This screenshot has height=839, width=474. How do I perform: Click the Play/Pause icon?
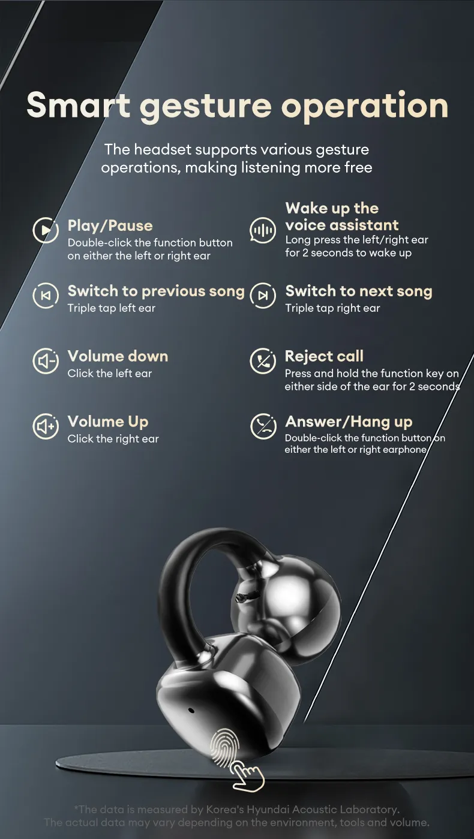tap(46, 230)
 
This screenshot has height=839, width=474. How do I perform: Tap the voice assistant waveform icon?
tap(263, 230)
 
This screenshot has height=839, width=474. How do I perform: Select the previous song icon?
tap(46, 296)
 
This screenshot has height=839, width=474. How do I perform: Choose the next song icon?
tap(263, 296)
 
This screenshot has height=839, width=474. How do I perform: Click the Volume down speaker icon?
tap(46, 361)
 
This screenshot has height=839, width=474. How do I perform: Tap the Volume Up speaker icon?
tap(46, 426)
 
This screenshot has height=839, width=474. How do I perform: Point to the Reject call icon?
tap(263, 361)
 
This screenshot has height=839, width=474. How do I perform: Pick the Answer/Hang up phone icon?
tap(263, 426)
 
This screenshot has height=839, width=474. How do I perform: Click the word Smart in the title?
tap(79, 105)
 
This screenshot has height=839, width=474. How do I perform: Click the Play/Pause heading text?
tap(110, 226)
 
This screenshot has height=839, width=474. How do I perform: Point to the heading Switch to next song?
tap(359, 291)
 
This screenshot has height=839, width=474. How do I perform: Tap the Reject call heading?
tap(324, 356)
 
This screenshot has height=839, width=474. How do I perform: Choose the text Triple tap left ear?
tap(111, 308)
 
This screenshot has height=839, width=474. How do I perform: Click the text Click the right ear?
tap(113, 439)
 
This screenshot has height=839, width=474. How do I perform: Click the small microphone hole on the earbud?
tap(191, 710)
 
